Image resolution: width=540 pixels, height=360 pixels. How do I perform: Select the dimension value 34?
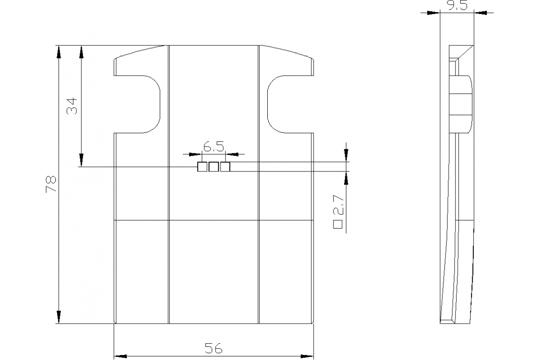click(x=72, y=106)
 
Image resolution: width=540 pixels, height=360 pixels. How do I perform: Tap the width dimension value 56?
click(x=214, y=348)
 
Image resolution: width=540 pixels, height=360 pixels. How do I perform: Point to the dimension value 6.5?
click(x=214, y=147)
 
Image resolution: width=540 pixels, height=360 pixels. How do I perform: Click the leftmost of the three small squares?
click(x=202, y=167)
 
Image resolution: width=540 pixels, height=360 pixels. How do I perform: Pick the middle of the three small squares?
click(x=214, y=167)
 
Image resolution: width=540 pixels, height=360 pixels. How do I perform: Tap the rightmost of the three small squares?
click(x=225, y=167)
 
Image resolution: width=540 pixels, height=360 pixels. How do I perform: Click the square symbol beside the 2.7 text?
click(x=338, y=223)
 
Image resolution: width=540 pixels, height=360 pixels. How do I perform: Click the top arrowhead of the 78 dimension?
click(x=58, y=51)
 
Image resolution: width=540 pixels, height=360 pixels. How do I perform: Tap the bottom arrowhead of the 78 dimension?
click(x=58, y=317)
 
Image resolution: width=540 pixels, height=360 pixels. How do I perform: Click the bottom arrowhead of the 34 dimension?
click(x=81, y=160)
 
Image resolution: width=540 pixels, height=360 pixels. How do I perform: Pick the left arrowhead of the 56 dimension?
click(x=120, y=357)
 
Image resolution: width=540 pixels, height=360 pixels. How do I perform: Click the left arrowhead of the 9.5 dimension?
click(x=433, y=13)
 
